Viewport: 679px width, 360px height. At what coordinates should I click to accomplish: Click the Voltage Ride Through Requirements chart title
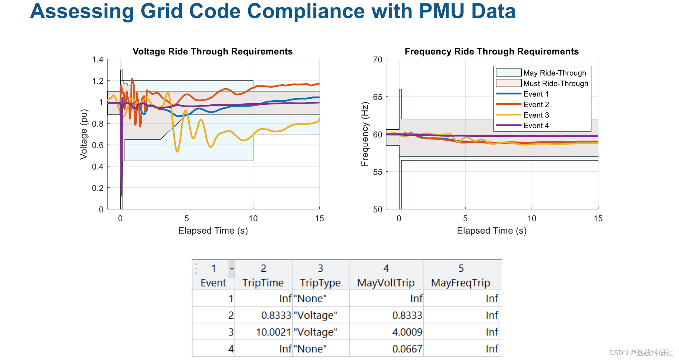click(212, 51)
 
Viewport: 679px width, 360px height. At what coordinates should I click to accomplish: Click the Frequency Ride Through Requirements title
click(492, 51)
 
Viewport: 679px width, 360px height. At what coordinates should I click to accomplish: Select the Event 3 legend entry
click(536, 115)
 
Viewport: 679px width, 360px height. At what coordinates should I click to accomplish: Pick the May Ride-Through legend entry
click(555, 73)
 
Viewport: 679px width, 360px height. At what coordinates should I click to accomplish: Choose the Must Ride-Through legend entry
click(556, 83)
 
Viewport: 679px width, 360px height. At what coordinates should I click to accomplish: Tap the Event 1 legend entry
click(536, 94)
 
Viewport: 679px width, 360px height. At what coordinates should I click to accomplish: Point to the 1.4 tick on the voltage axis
click(98, 60)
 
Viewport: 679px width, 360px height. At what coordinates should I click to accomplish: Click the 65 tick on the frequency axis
click(378, 97)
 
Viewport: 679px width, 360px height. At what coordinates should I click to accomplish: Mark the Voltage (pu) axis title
click(84, 134)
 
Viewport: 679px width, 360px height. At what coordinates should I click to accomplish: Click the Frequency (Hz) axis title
click(365, 134)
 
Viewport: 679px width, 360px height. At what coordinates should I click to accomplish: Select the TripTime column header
click(263, 283)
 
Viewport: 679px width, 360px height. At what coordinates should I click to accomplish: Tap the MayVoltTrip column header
click(386, 283)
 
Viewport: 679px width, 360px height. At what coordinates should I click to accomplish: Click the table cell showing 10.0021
click(273, 332)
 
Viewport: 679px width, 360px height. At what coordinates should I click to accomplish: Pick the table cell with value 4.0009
click(407, 332)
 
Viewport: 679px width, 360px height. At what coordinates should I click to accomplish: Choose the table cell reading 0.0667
click(407, 349)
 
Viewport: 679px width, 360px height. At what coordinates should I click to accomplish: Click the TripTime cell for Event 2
click(276, 315)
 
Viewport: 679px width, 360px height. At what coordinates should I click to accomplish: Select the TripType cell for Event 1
click(310, 299)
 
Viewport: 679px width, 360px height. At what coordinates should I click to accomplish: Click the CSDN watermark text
click(641, 353)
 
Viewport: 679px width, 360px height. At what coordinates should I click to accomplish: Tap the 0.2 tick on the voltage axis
click(98, 188)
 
